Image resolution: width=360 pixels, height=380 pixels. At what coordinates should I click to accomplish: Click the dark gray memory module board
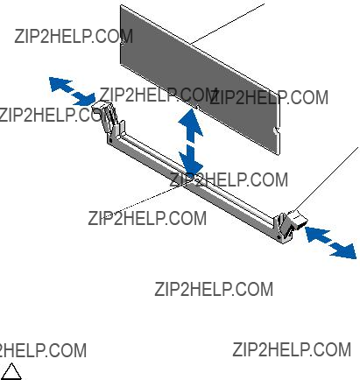[200, 79]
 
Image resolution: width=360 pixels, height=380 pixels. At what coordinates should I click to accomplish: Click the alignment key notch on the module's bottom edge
[197, 107]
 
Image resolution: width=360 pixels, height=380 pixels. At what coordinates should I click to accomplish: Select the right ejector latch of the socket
[290, 226]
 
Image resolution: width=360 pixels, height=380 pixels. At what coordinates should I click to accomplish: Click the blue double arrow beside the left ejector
[72, 91]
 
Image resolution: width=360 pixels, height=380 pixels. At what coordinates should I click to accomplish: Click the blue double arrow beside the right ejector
[330, 242]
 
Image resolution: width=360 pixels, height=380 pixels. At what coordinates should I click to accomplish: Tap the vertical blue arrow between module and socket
[191, 142]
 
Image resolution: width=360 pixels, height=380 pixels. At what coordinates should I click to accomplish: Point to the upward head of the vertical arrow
[191, 122]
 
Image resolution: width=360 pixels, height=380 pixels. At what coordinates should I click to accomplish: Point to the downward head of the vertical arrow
[191, 162]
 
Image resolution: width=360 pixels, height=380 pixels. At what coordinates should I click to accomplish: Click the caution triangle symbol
[11, 372]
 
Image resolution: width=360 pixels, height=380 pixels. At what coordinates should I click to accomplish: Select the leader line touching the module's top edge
[228, 24]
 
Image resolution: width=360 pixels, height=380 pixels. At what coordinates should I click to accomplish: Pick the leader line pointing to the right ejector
[326, 179]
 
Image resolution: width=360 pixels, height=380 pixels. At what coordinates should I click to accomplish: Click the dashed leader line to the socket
[141, 201]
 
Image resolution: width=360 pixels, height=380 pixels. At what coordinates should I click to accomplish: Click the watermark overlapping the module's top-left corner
[74, 36]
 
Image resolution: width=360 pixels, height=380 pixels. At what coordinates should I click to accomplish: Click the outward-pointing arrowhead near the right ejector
[344, 250]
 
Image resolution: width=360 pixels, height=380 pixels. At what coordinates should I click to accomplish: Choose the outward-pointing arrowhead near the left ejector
[60, 84]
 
